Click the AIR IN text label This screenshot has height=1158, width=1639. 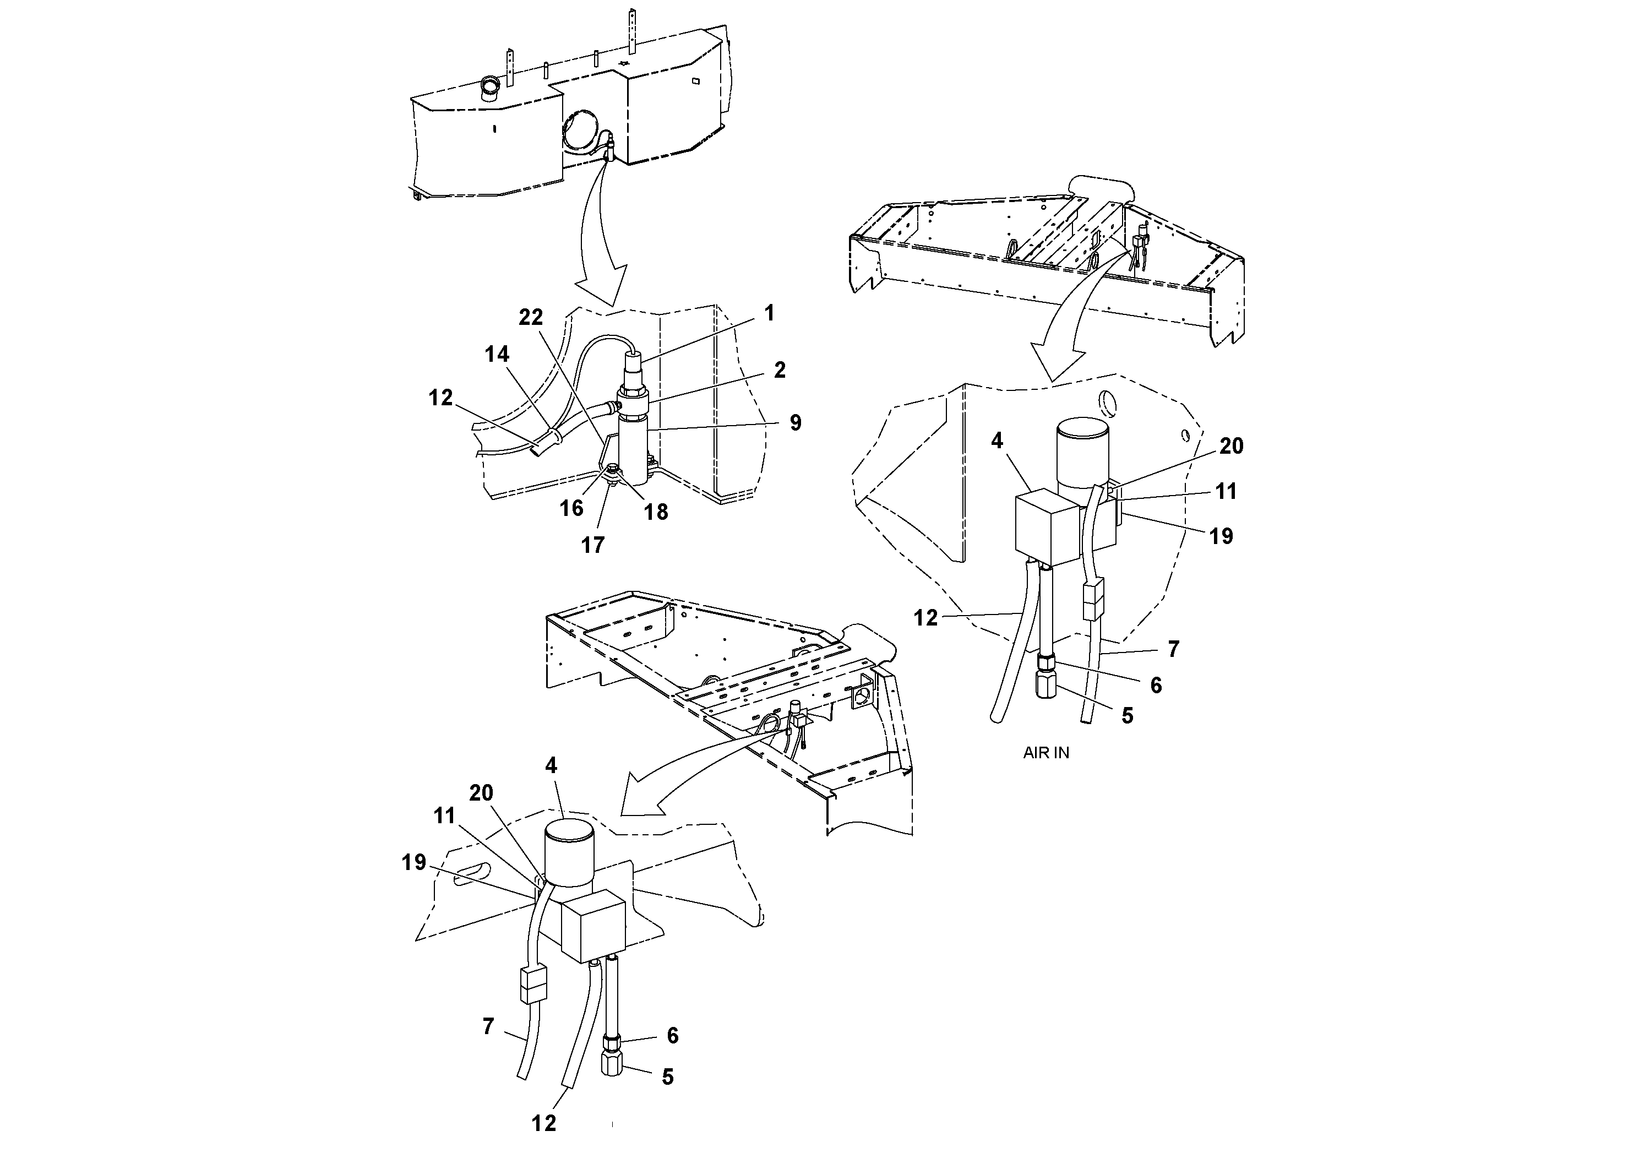click(1046, 753)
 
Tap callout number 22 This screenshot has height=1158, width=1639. click(530, 317)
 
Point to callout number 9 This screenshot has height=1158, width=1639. click(795, 423)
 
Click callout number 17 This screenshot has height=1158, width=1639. click(592, 546)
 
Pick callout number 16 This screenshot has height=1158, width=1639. click(571, 508)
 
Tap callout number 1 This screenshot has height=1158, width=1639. click(769, 313)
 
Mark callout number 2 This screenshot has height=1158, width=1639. click(780, 370)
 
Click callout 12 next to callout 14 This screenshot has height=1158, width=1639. click(440, 398)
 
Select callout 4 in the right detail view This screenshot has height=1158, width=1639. click(997, 441)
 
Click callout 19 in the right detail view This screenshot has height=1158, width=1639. click(1221, 536)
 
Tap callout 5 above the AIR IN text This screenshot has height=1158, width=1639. click(1127, 716)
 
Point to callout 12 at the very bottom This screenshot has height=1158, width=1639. click(543, 1124)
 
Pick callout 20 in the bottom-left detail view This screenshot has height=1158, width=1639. click(481, 793)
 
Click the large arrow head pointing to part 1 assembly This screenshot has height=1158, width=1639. click(601, 289)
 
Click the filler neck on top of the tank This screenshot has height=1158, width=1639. click(491, 89)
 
